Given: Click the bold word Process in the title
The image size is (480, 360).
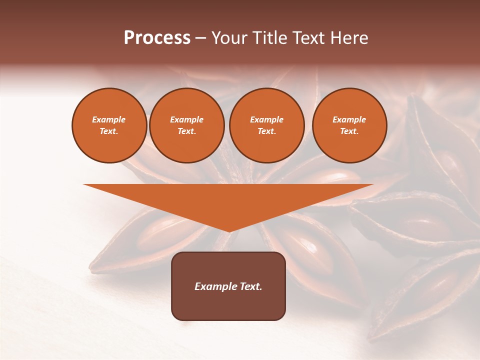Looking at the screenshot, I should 157,38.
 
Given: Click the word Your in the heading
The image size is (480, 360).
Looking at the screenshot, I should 229,38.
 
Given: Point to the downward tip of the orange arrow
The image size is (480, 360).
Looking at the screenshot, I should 229,231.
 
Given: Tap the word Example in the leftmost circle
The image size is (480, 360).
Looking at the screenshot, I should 109,119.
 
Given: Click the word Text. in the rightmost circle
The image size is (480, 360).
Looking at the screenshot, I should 349,131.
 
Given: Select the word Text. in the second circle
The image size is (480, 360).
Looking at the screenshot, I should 186,131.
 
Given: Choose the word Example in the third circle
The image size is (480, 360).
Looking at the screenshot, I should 266,119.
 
